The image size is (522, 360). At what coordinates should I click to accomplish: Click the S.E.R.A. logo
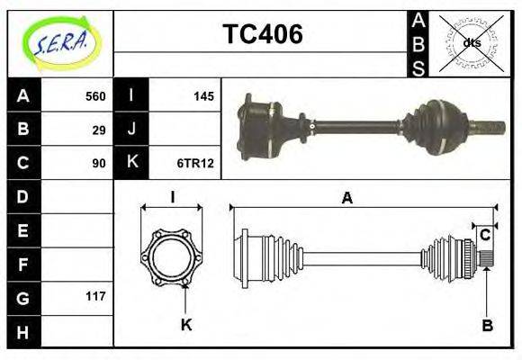click(59, 42)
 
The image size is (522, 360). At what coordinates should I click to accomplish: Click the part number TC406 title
click(262, 34)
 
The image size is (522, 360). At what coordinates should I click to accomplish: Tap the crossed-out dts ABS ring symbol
click(470, 43)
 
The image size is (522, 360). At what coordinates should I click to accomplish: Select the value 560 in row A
click(95, 96)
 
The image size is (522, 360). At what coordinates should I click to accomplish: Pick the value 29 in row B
click(99, 130)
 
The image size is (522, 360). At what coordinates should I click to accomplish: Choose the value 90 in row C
click(99, 163)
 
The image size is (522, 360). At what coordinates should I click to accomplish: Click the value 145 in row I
click(203, 96)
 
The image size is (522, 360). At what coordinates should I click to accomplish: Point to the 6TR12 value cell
click(195, 163)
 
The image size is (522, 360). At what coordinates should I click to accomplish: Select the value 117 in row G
click(95, 296)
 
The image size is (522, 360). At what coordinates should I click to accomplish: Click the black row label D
click(23, 196)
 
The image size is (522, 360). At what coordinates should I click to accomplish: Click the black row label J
click(132, 130)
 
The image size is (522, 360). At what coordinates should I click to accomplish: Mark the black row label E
click(23, 229)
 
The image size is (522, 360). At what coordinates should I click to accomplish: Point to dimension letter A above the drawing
click(346, 199)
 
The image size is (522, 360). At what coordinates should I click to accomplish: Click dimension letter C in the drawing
click(485, 236)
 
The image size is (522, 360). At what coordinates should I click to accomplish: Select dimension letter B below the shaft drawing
click(486, 326)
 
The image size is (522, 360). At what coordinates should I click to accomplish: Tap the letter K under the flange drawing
click(186, 325)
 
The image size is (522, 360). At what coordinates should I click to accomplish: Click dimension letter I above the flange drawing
click(171, 199)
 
